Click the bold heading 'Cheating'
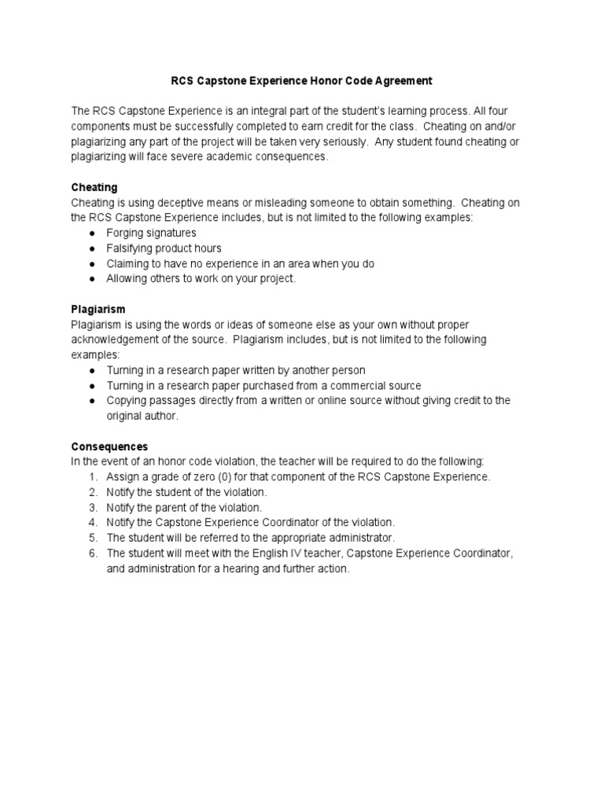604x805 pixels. pyautogui.click(x=94, y=187)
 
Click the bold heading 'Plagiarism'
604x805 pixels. pyautogui.click(x=98, y=309)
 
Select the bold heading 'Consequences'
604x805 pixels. pyautogui.click(x=109, y=446)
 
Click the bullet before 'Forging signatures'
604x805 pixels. pyautogui.click(x=92, y=233)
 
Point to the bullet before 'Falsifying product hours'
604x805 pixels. pyautogui.click(x=92, y=248)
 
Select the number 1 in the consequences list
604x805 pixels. pyautogui.click(x=92, y=476)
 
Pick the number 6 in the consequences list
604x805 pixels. pyautogui.click(x=92, y=553)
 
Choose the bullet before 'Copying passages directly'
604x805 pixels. pyautogui.click(x=92, y=400)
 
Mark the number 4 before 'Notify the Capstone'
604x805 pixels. pyautogui.click(x=92, y=522)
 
